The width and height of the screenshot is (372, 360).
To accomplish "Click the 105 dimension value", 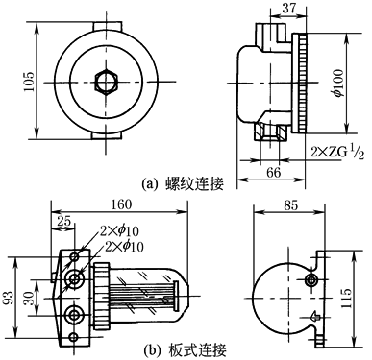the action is [30, 81].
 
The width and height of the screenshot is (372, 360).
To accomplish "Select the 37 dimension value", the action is [288, 9].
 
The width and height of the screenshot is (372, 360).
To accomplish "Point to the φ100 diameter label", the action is [338, 83].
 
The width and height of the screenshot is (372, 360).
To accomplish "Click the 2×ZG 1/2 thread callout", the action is [337, 152].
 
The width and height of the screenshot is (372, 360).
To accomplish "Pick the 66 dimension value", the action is [273, 172].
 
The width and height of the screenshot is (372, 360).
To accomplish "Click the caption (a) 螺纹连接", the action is [183, 184].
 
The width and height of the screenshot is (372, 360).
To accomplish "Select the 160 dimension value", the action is [121, 204].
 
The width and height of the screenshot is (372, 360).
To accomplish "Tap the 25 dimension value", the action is [63, 221].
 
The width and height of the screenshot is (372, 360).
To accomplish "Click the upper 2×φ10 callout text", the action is [119, 231].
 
